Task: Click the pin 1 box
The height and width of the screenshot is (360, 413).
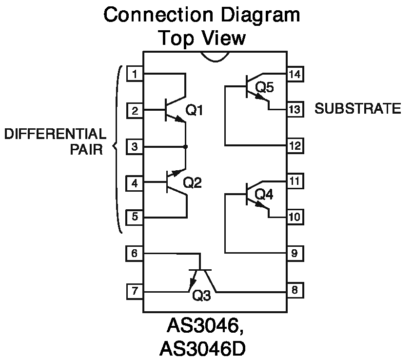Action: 135,74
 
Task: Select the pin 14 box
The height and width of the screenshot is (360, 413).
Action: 295,74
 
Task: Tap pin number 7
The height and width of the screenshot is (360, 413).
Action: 135,292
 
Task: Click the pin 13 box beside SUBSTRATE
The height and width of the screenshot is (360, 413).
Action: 295,109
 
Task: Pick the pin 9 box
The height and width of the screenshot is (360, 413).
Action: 295,254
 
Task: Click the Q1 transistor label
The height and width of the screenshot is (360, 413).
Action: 194,111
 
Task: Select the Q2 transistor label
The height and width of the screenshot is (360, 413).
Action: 192,182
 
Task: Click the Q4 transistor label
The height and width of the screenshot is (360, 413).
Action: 264,194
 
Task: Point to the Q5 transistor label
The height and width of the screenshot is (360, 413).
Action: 264,87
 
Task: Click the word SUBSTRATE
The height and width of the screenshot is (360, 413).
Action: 357,109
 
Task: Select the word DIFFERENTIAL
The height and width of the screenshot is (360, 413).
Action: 55,134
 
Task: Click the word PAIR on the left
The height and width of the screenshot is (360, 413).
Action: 86,149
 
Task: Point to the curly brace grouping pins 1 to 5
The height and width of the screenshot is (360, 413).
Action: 117,146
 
